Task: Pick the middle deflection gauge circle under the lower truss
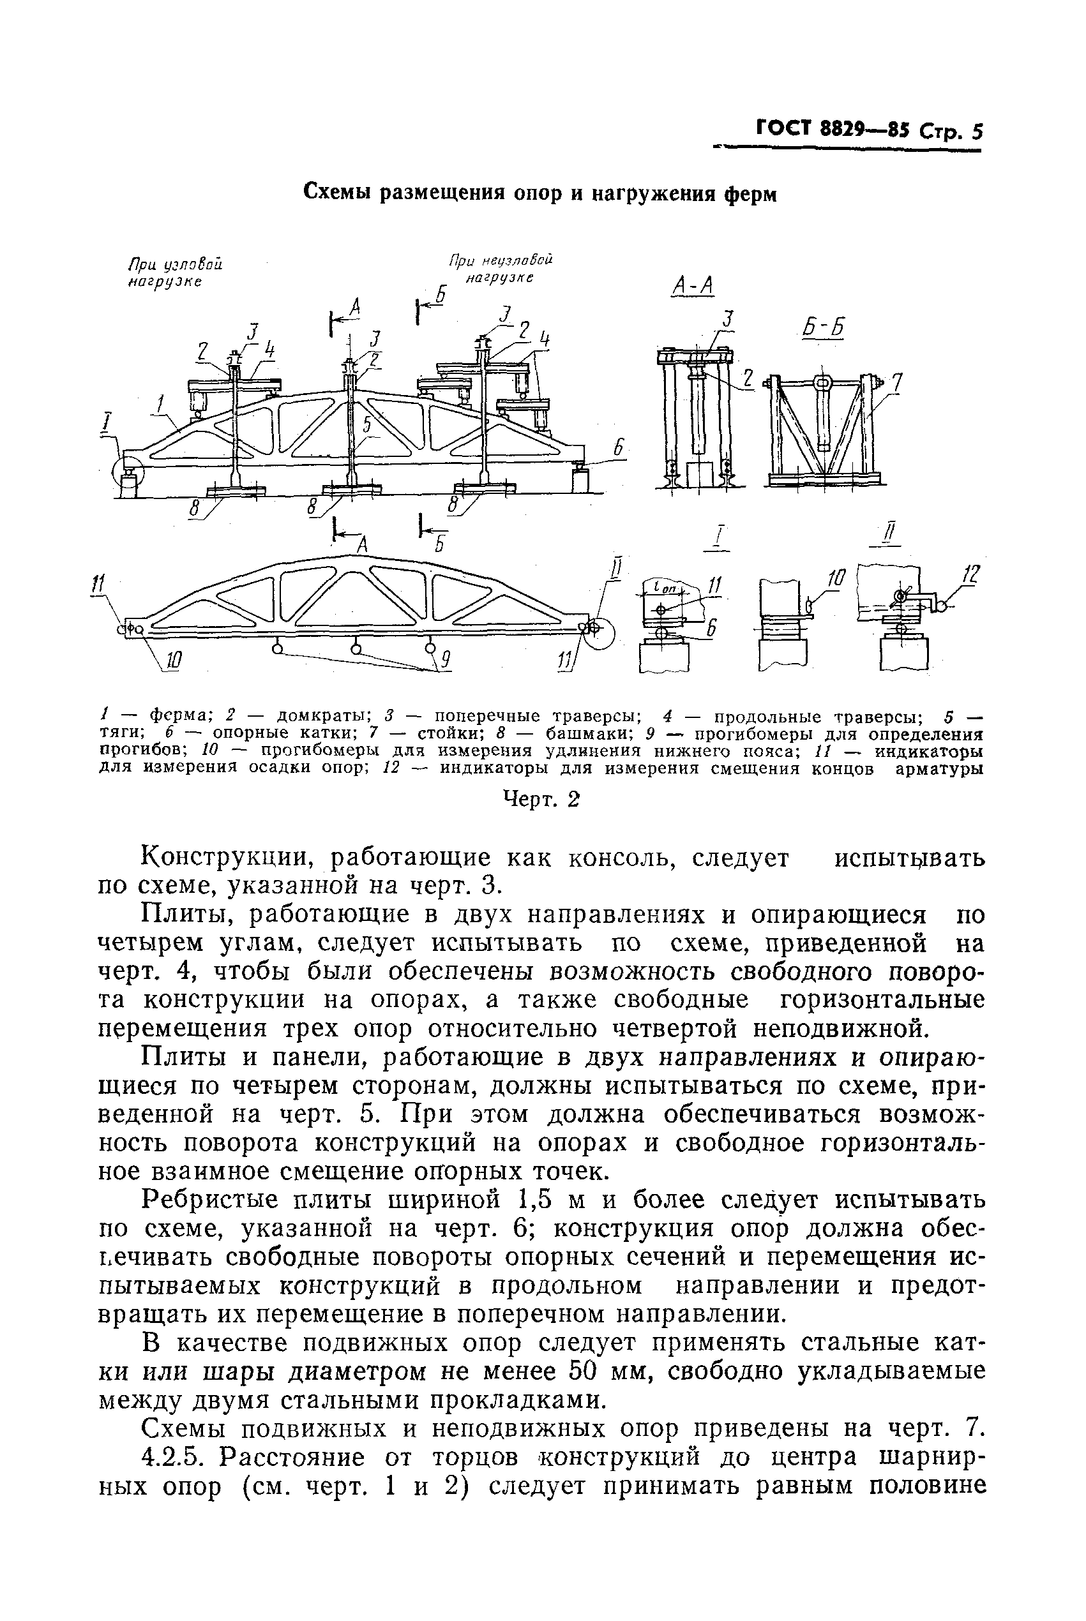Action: point(356,648)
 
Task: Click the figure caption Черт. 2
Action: point(539,800)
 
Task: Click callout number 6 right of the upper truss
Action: point(617,450)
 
